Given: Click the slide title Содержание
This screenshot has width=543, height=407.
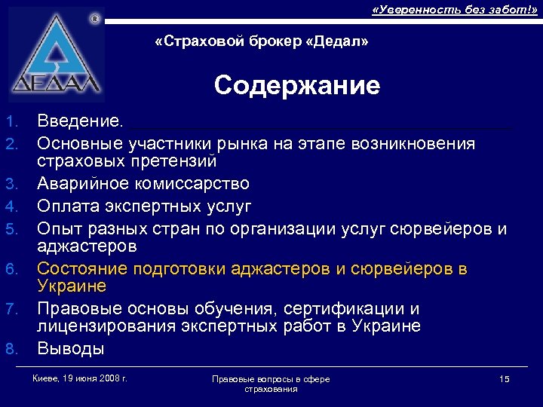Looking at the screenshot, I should pyautogui.click(x=296, y=86).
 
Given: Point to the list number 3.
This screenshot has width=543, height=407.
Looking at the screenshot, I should pyautogui.click(x=10, y=185).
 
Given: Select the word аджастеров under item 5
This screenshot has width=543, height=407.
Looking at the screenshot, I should pyautogui.click(x=87, y=246).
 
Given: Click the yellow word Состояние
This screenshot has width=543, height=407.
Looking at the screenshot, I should pyautogui.click(x=82, y=268).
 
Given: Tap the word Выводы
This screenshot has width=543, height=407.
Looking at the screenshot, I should pyautogui.click(x=71, y=348).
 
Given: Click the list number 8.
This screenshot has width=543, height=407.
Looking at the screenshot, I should pyautogui.click(x=10, y=349).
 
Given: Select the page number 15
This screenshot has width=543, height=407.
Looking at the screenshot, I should pyautogui.click(x=505, y=378).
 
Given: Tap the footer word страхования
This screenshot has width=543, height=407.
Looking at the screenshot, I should pyautogui.click(x=271, y=388).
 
